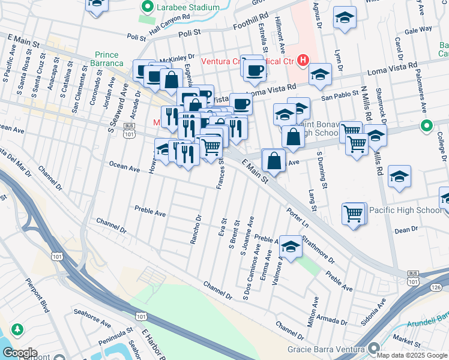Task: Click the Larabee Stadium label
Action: point(187,8)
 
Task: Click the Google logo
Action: point(20,353)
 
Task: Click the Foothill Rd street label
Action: point(251,26)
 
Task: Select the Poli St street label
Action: point(137,36)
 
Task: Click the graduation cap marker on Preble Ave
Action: point(291,247)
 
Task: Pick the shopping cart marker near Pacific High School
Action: point(354,214)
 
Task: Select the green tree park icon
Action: point(18,329)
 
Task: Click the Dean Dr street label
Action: point(406,230)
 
